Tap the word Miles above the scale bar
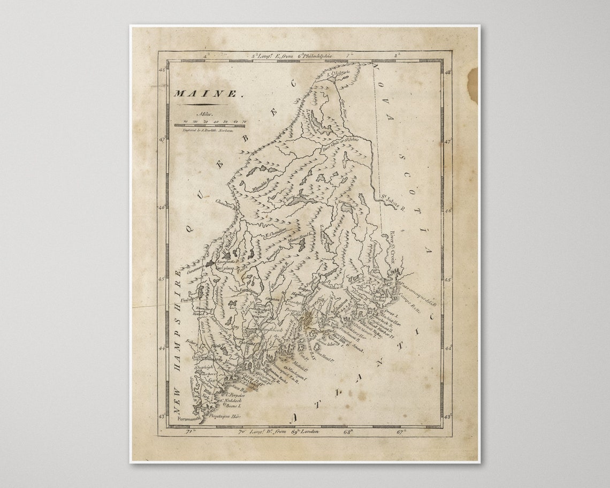[x=205, y=114]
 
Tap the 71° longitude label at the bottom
[x=188, y=431]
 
